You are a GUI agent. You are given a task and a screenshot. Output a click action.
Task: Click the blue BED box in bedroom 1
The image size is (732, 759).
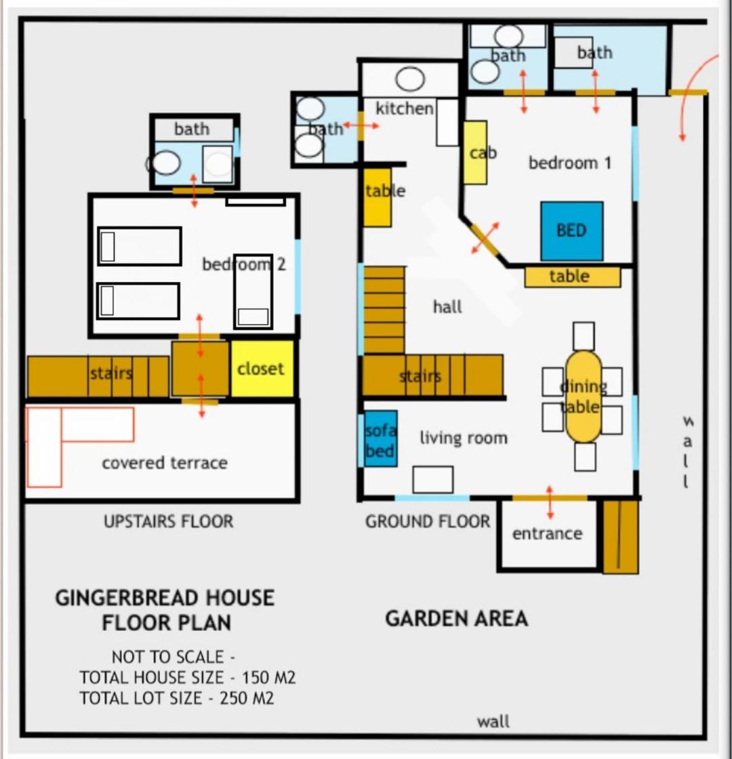tap(572, 231)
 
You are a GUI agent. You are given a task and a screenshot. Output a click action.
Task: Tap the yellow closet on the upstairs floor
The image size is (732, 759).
tap(262, 369)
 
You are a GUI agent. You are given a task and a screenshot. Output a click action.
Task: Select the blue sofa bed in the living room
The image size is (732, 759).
tap(380, 439)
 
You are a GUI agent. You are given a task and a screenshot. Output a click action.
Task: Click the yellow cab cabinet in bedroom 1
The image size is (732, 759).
tap(475, 152)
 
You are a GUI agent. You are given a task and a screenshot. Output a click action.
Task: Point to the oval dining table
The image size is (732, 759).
tap(584, 396)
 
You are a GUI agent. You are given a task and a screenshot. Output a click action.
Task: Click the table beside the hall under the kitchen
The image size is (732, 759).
tap(377, 197)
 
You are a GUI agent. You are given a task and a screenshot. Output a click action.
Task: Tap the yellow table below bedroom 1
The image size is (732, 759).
tap(572, 277)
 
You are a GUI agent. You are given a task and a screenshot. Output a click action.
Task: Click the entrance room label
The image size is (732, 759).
tap(547, 533)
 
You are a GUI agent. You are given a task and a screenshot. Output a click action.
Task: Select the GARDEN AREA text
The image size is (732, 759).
tap(457, 619)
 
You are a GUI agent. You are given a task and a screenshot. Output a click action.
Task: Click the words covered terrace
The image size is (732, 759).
tap(165, 463)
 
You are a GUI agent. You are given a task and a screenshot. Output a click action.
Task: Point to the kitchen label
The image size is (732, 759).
tap(404, 108)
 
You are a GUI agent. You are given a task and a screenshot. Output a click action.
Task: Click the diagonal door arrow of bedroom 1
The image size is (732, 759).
tap(485, 238)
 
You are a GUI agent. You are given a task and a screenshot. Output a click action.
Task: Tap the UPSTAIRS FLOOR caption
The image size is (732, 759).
tap(169, 521)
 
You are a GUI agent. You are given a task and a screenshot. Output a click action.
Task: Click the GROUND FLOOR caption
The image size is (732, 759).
tap(428, 521)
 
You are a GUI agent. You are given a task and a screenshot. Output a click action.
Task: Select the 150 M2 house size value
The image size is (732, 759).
tap(268, 677)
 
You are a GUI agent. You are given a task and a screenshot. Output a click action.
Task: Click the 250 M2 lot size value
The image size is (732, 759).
tap(247, 698)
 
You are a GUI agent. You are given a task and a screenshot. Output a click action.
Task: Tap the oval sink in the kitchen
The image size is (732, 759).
tap(410, 79)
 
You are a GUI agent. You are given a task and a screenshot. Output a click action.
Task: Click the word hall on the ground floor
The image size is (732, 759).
tap(447, 307)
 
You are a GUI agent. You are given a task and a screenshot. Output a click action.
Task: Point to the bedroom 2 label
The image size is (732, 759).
tap(244, 264)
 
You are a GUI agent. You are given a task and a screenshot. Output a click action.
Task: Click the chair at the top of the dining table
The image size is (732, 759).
tap(584, 336)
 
